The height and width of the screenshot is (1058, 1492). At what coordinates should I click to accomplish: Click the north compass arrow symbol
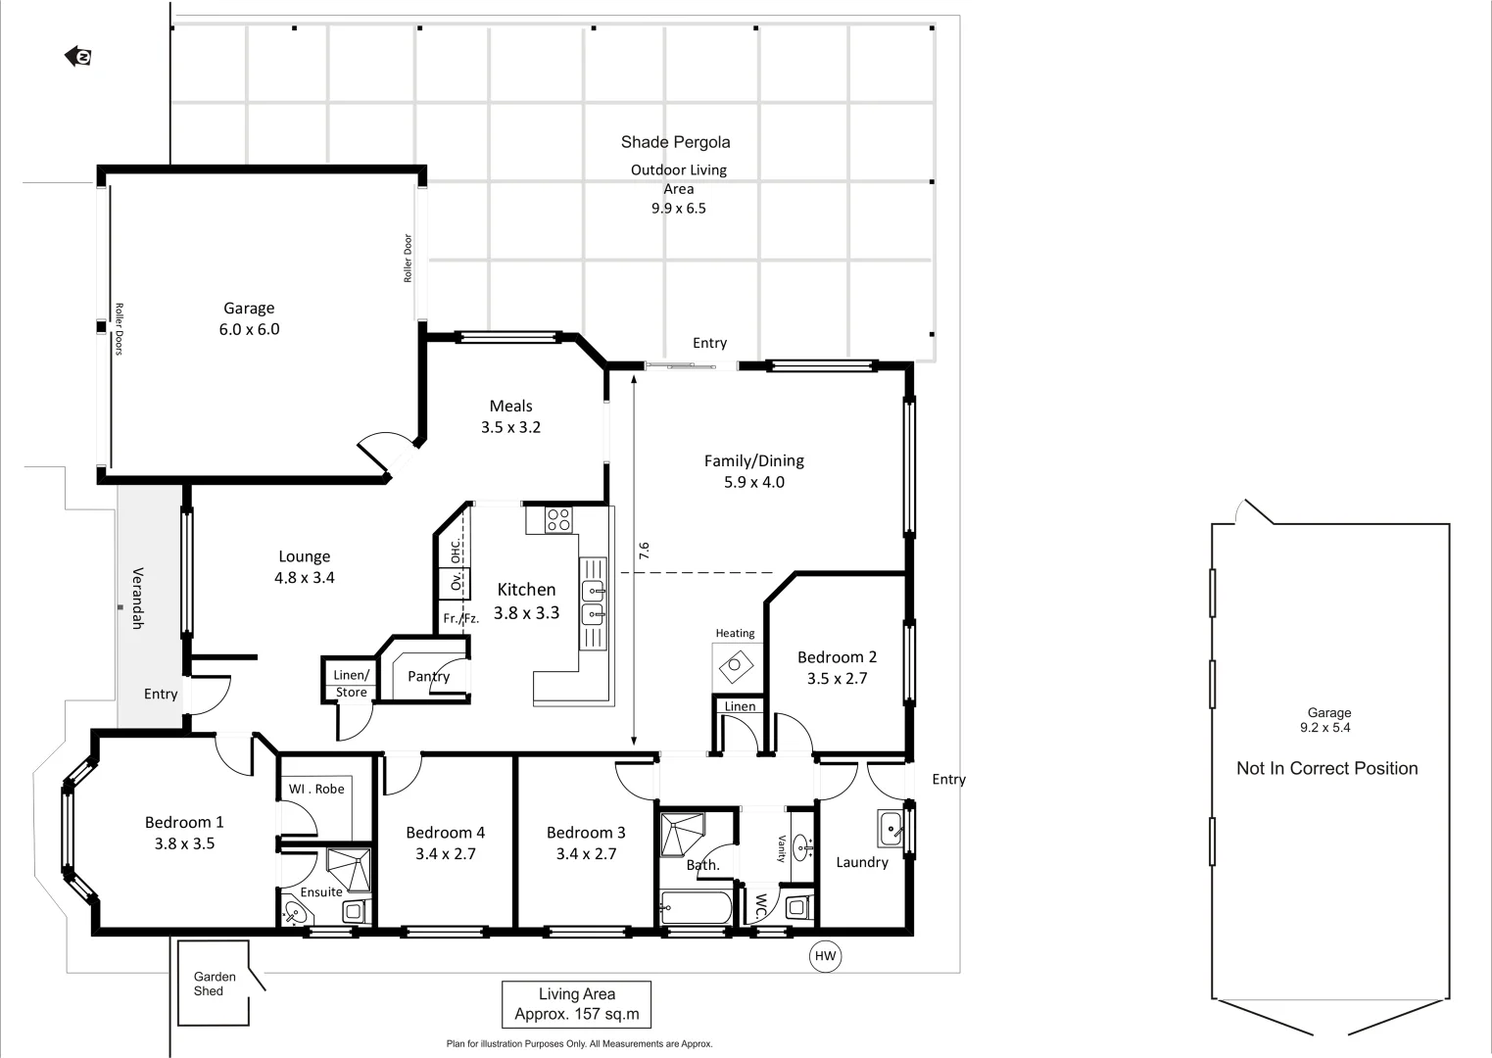[x=78, y=57]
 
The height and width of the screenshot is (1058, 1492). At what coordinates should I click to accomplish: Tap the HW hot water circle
[x=826, y=956]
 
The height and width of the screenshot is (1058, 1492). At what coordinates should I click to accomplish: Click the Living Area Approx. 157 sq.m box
[x=576, y=1004]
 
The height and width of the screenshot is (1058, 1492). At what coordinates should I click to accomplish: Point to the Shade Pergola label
[x=675, y=142]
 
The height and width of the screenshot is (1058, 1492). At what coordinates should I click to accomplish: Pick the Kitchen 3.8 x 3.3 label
[x=526, y=601]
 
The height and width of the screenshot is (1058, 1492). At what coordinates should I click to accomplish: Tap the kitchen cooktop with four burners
[x=558, y=520]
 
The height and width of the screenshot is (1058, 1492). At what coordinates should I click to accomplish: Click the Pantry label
[x=428, y=676]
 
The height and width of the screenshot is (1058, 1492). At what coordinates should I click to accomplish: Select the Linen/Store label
[x=351, y=683]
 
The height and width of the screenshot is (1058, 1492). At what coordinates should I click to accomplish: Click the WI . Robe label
[x=316, y=789]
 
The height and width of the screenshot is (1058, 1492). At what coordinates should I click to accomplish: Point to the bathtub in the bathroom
[x=696, y=908]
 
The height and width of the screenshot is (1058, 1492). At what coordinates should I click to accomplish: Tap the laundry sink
[x=890, y=829]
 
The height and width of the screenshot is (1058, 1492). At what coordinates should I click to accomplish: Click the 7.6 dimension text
[x=644, y=552]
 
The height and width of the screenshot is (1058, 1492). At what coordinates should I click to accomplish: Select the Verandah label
[x=138, y=598]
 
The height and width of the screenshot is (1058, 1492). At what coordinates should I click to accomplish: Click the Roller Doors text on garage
[x=119, y=328]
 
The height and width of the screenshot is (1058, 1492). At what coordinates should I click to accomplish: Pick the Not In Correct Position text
[x=1326, y=769]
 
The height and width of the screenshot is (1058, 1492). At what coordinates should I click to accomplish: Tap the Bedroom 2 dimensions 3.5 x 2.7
[x=837, y=678]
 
